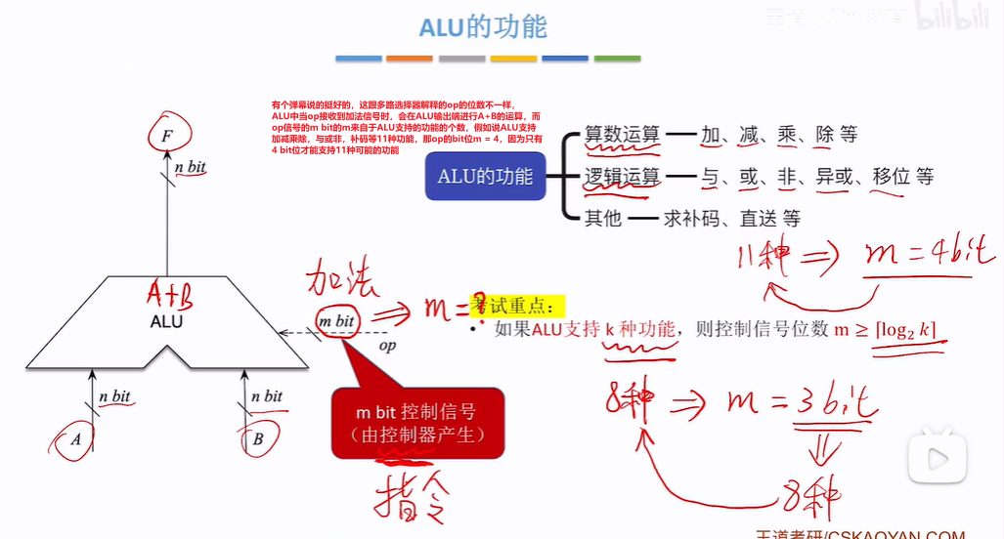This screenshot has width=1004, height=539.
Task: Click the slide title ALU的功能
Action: pos(482,27)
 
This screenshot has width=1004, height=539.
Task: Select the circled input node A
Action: pos(75,438)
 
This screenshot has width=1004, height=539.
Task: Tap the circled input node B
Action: pos(257,438)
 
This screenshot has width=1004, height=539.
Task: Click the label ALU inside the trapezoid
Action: pos(166,320)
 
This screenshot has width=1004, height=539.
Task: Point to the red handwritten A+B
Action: pos(171,292)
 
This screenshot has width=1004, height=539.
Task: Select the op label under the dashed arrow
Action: pos(387,345)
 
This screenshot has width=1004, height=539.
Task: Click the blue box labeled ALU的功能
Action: pos(485,177)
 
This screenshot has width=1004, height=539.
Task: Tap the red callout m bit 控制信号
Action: pos(417,423)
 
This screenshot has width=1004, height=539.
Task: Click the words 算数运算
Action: pos(622,135)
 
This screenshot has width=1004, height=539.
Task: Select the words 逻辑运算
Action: pos(622,177)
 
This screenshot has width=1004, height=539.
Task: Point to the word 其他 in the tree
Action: pos(602,218)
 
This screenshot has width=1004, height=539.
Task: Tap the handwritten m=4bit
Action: pos(929,256)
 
